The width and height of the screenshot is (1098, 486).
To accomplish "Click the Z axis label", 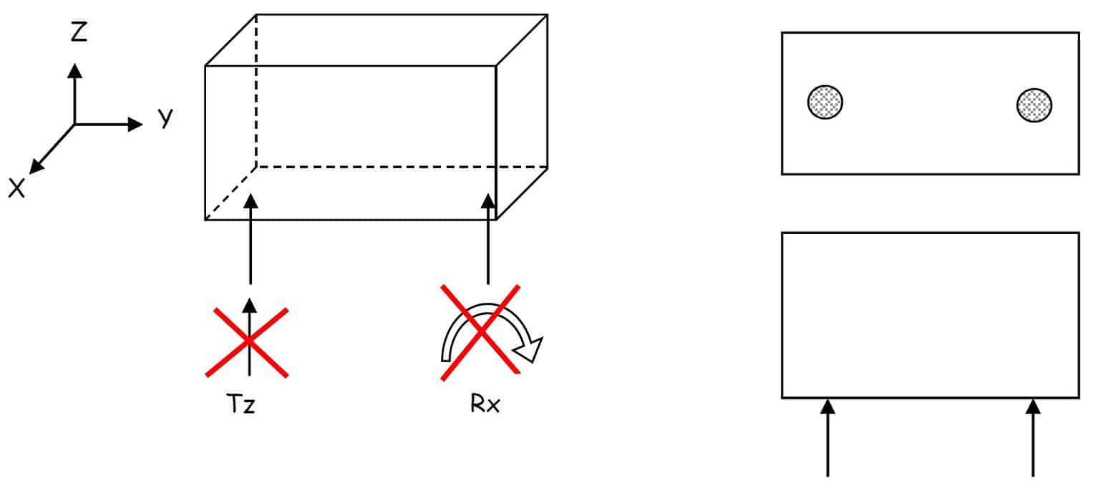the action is tap(79, 31).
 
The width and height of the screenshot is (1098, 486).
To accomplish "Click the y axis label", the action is tap(165, 117).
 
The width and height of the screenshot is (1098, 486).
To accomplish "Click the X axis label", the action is tap(16, 188).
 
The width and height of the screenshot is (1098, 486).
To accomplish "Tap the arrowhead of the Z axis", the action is tap(74, 71).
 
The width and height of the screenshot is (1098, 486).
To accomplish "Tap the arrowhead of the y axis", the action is tap(135, 124).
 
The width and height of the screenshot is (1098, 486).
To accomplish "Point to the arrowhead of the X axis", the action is tap(37, 167).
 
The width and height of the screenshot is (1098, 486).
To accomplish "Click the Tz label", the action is tap(241, 404).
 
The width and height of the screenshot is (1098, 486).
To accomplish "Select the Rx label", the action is tap(485, 404).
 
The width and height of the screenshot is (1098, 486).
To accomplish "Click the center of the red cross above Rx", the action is tap(480, 333).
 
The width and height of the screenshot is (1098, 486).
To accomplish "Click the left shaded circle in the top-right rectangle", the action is tap(825, 102).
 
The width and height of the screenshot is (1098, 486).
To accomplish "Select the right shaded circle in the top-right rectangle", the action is tap(1034, 105).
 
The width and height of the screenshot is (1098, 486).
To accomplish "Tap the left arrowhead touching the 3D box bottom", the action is tap(251, 201).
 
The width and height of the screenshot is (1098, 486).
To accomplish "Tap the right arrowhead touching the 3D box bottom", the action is tap(487, 201).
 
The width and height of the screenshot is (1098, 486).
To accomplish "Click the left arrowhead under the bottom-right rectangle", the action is tap(827, 407).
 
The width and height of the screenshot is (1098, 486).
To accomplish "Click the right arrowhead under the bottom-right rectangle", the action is tap(1033, 407).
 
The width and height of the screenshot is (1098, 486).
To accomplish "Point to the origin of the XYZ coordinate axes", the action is tap(74, 125).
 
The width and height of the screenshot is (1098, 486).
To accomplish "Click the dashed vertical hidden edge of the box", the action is tap(256, 91).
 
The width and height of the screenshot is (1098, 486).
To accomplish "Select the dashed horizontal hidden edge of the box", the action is tap(402, 167).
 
